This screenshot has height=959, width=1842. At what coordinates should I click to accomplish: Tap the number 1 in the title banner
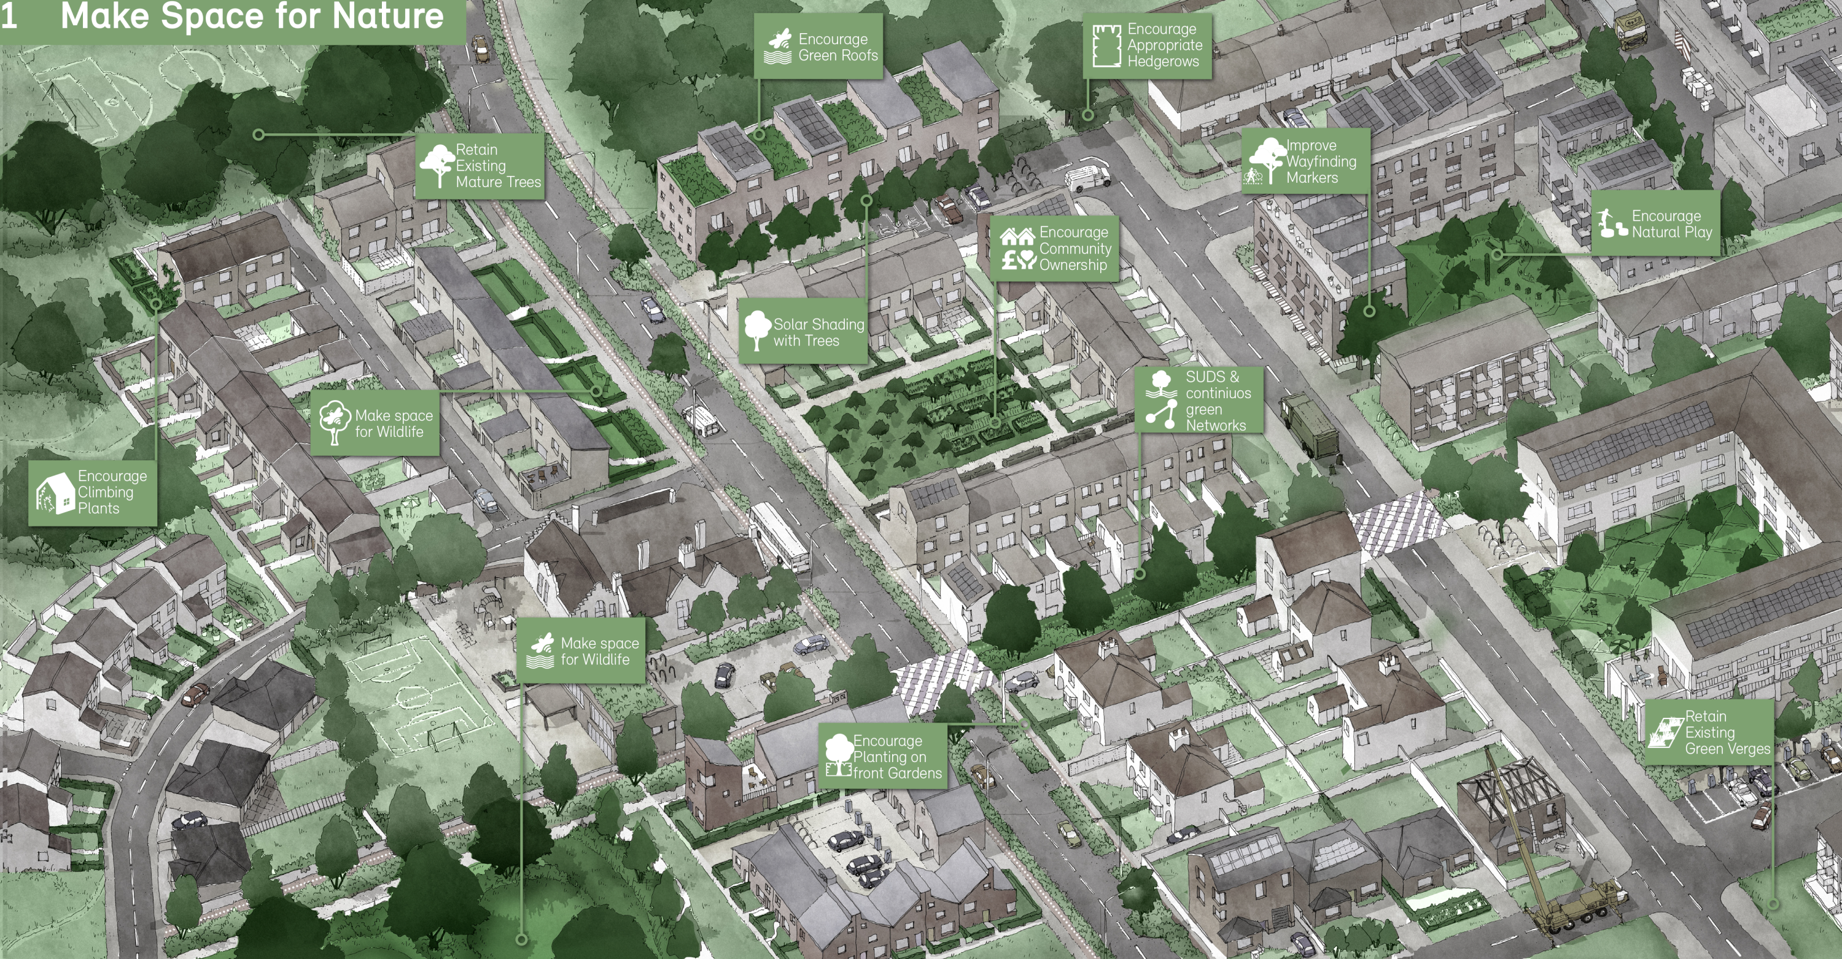pos(9,16)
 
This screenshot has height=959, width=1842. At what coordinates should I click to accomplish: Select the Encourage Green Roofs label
pos(818,47)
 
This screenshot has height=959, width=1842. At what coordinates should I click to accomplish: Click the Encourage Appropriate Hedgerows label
pos(1147,45)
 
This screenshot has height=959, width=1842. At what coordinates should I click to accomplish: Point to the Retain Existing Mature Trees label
pos(480,166)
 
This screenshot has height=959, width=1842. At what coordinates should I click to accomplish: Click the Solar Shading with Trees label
pos(803,331)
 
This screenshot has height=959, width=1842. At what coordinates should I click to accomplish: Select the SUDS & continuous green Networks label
pos(1199,400)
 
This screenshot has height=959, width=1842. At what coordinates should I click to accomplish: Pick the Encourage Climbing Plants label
pos(92,492)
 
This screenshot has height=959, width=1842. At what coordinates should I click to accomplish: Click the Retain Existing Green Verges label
pos(1709,732)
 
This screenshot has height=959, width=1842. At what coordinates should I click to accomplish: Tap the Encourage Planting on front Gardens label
pos(883,756)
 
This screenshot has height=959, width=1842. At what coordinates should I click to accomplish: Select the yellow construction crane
pos(1537,858)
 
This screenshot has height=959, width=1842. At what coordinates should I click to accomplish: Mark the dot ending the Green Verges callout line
pos(1773,904)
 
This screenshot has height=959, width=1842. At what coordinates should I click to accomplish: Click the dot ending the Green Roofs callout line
pos(759,134)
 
